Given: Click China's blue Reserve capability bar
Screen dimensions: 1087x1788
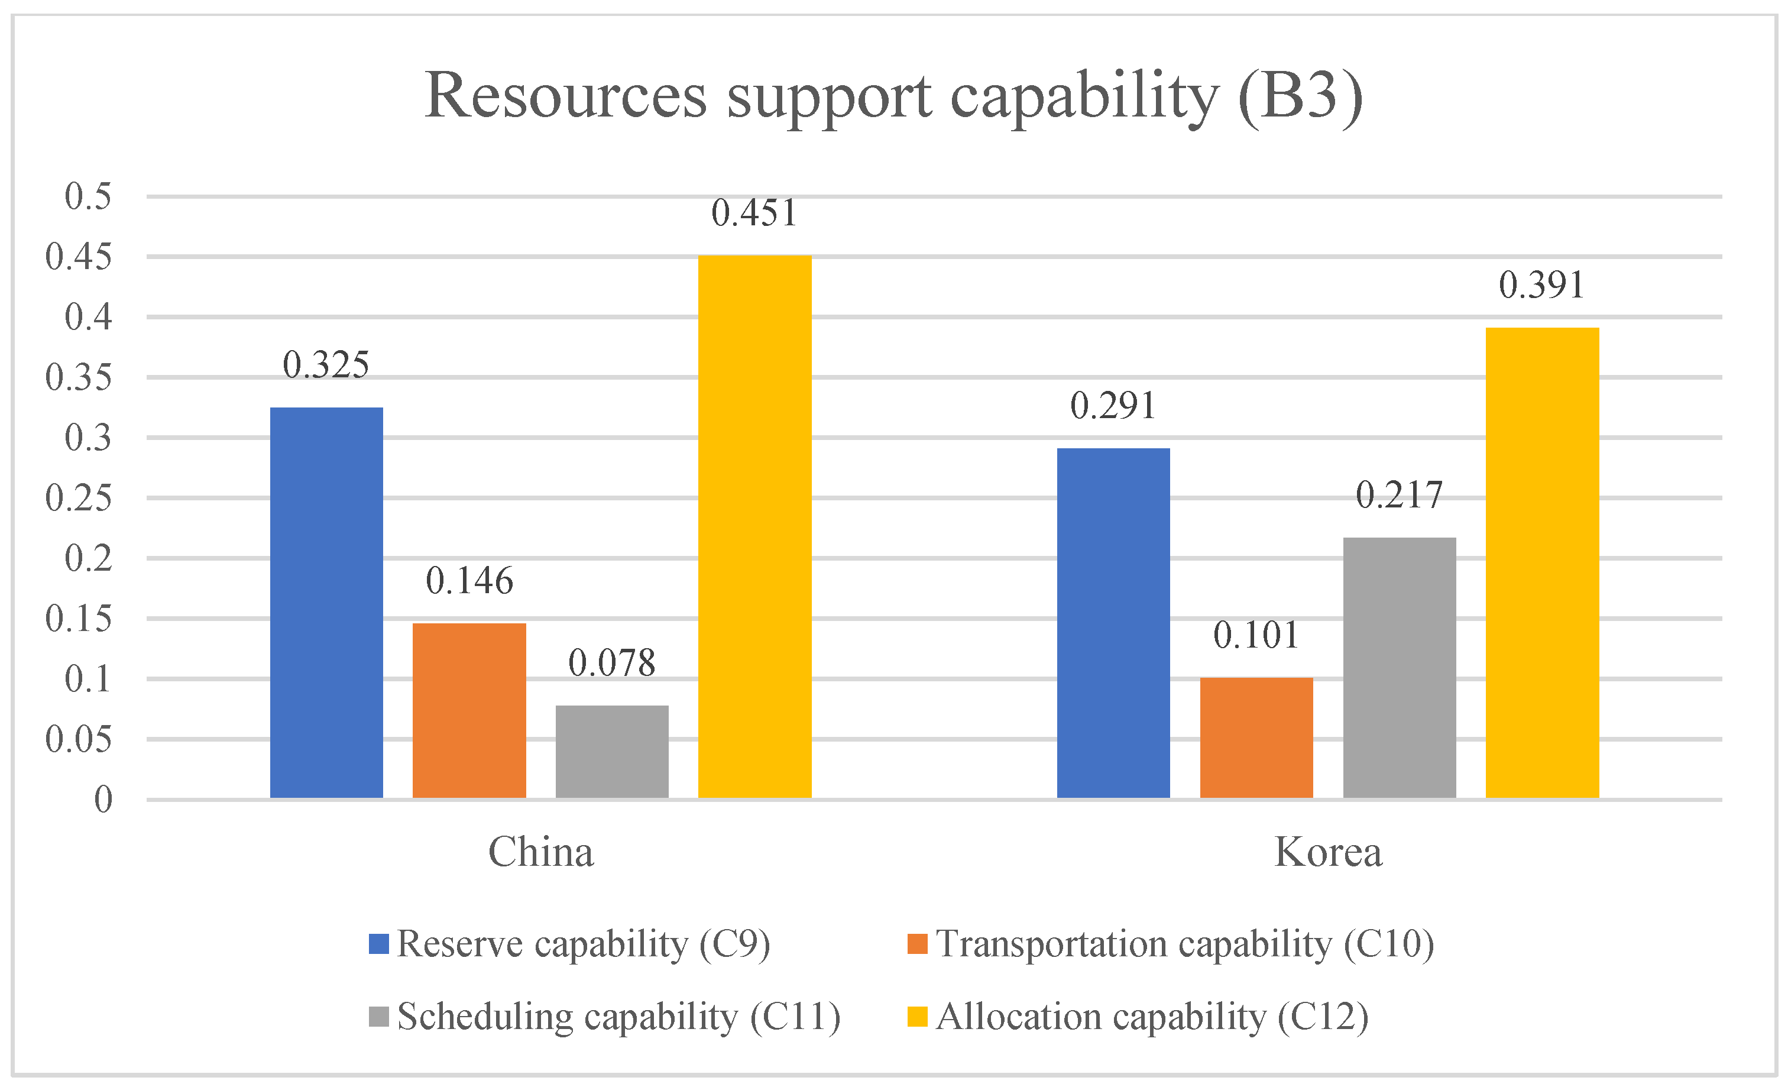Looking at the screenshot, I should [x=326, y=602].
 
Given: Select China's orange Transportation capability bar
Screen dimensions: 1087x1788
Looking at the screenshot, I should [x=469, y=710].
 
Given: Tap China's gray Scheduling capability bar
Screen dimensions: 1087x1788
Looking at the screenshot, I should [x=612, y=751].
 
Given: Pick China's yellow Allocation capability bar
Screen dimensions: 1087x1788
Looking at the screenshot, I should [x=754, y=526].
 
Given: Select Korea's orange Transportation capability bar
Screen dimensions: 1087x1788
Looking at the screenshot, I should [x=1256, y=737].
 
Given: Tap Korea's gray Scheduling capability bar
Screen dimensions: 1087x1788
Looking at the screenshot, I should [x=1398, y=668].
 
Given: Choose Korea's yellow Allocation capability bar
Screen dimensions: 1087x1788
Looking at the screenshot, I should [x=1541, y=562].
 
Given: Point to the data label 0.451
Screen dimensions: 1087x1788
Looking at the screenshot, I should [x=754, y=213].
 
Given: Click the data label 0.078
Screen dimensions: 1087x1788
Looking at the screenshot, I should [x=612, y=663].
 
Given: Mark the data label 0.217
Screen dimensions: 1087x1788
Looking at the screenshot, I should [x=1398, y=496].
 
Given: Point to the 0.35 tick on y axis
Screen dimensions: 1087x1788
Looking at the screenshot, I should [x=79, y=377].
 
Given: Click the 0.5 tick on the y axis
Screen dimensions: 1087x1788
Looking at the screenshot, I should [x=88, y=196].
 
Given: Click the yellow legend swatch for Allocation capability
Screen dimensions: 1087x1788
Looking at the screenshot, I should [x=917, y=1017].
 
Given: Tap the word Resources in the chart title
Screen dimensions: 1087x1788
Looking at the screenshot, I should [x=565, y=96].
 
